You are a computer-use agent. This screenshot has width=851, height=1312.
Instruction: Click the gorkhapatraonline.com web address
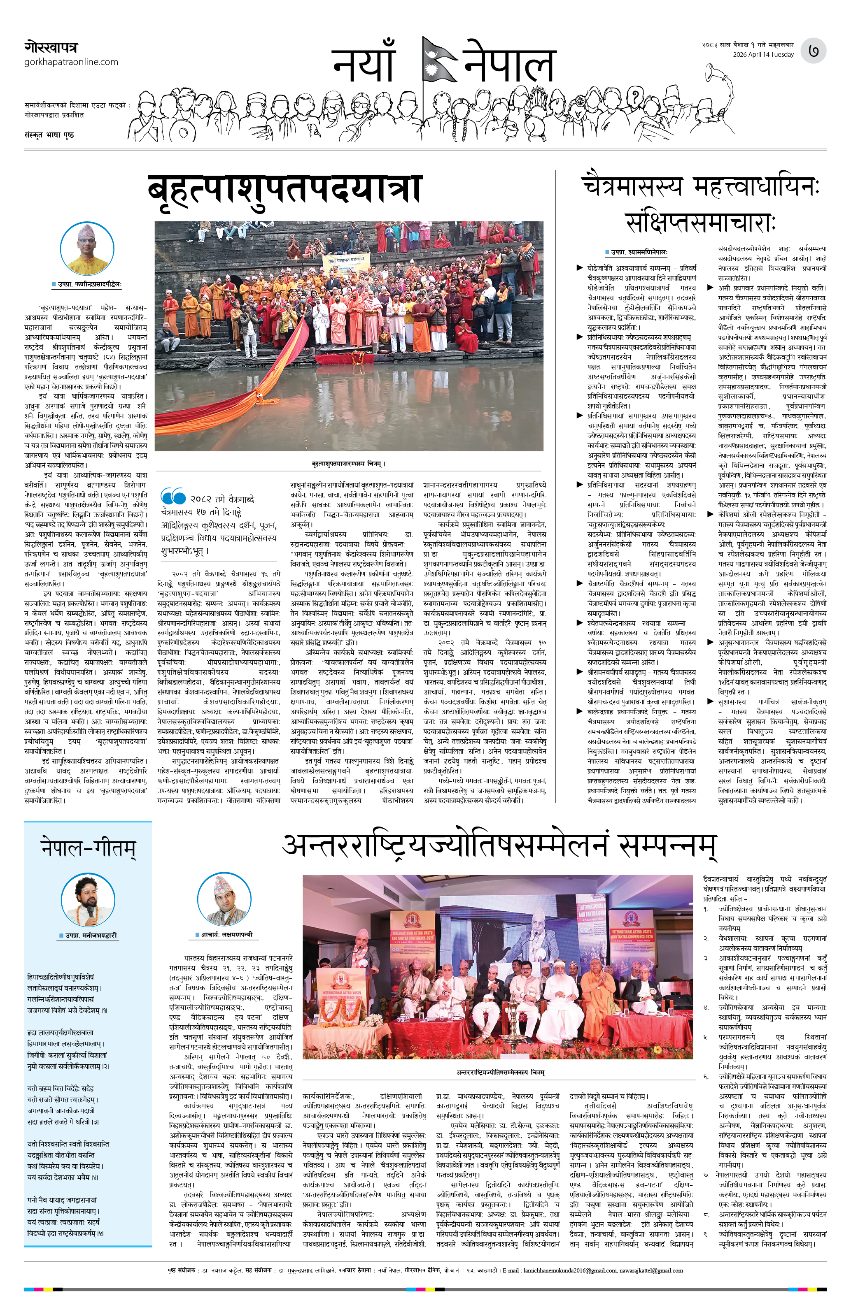tap(71, 62)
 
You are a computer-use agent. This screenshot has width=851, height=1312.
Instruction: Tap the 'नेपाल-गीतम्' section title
tap(88, 847)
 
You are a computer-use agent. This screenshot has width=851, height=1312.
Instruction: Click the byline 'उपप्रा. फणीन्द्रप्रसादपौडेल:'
tap(89, 284)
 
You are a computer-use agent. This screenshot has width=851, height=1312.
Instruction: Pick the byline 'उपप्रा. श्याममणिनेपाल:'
tap(639, 252)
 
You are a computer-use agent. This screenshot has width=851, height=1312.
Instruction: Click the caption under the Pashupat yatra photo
tap(349, 464)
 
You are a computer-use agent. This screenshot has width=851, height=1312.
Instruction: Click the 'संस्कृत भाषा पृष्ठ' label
tap(49, 135)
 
